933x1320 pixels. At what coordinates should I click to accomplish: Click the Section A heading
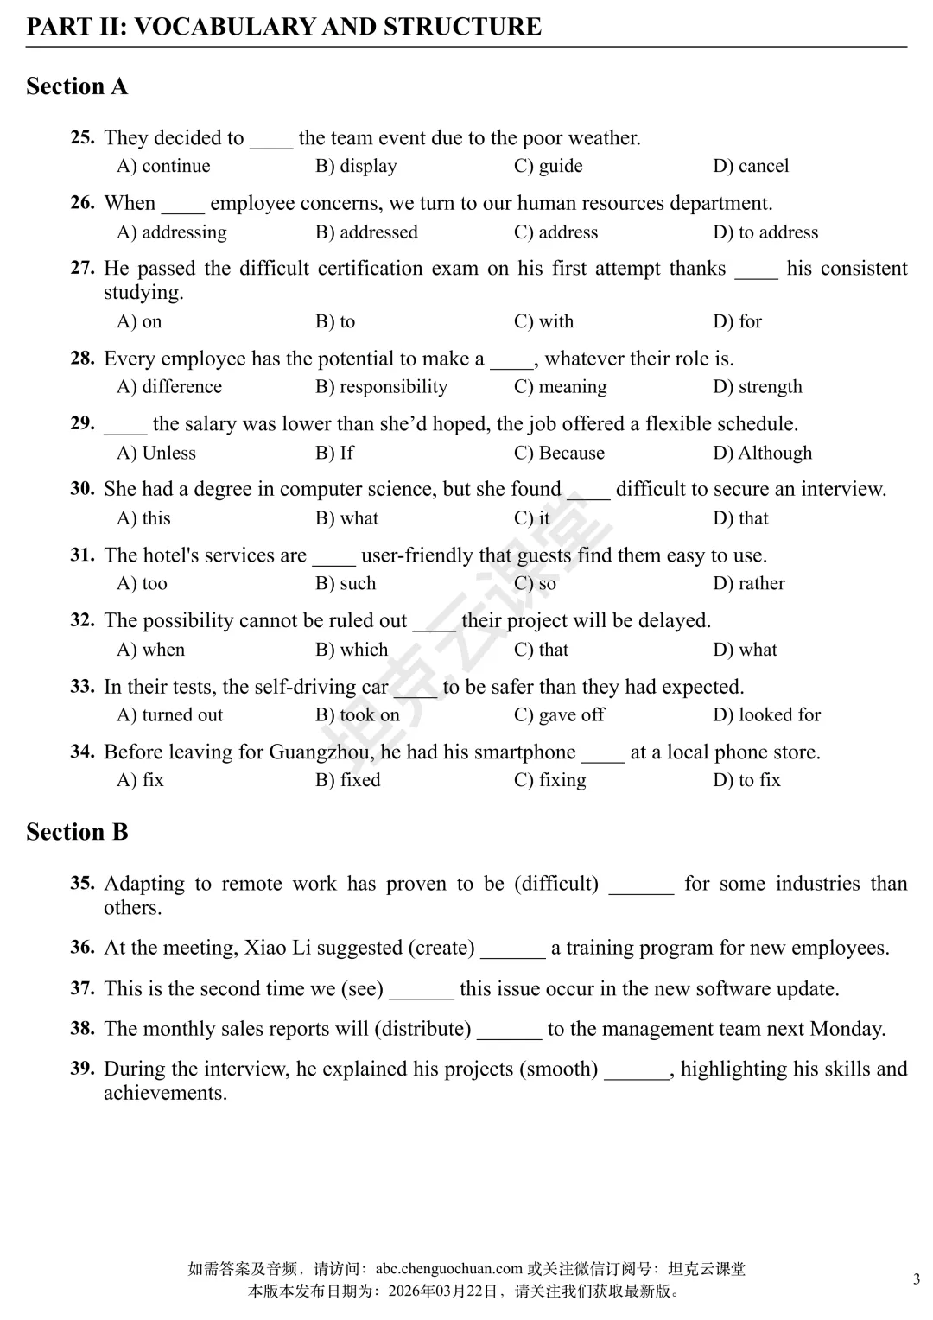[x=77, y=86]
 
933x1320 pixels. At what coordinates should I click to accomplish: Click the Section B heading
[x=77, y=832]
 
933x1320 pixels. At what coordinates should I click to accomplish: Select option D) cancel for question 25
[x=751, y=166]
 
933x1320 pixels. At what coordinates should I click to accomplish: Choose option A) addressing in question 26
[x=172, y=232]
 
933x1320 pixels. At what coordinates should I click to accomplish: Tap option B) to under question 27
[x=335, y=321]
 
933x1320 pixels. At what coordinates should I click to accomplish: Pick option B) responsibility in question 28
[x=381, y=387]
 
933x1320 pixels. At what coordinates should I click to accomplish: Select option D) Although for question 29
[x=762, y=453]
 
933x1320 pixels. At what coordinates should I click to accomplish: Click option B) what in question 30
[x=346, y=518]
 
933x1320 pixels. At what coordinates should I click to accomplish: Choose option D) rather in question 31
[x=749, y=584]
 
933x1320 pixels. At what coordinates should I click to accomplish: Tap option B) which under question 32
[x=352, y=650]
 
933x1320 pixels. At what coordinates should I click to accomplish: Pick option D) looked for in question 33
[x=766, y=715]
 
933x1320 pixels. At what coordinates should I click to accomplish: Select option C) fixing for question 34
[x=549, y=780]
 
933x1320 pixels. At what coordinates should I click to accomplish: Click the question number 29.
[x=82, y=423]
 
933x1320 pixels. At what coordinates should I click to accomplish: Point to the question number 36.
[x=82, y=948]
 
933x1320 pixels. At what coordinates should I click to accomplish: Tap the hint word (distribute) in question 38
[x=422, y=1029]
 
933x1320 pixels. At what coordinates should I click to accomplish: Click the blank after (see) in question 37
[x=422, y=991]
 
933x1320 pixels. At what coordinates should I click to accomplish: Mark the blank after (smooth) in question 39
[x=637, y=1071]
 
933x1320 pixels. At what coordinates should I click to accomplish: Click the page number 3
[x=917, y=1279]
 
